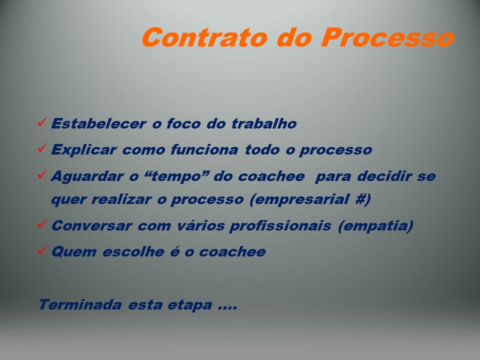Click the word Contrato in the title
click(x=204, y=37)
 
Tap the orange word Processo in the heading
click(x=387, y=37)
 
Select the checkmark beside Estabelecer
click(x=42, y=122)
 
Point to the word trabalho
click(x=264, y=123)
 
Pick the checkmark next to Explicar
click(x=42, y=148)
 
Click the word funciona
click(x=204, y=149)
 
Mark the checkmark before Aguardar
click(x=42, y=174)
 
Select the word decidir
click(x=384, y=176)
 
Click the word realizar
click(x=121, y=199)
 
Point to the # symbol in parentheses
click(x=360, y=199)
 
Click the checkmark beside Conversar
click(x=42, y=224)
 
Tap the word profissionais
click(x=280, y=226)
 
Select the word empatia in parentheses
click(x=376, y=226)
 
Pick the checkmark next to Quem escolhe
click(x=42, y=250)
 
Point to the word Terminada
click(x=80, y=304)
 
